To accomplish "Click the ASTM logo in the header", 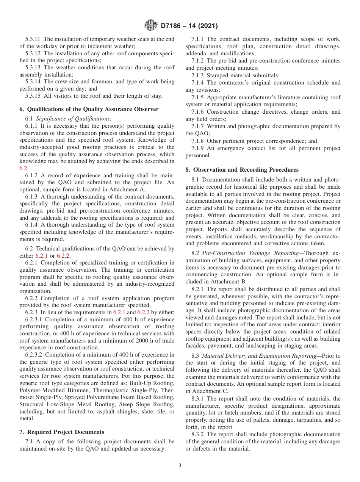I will tap(151, 26).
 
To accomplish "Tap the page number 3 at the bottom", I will tap(180, 465).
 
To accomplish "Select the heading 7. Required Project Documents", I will tap(62, 432).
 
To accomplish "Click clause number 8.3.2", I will tap(198, 434).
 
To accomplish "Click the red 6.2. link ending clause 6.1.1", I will tap(23, 169).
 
